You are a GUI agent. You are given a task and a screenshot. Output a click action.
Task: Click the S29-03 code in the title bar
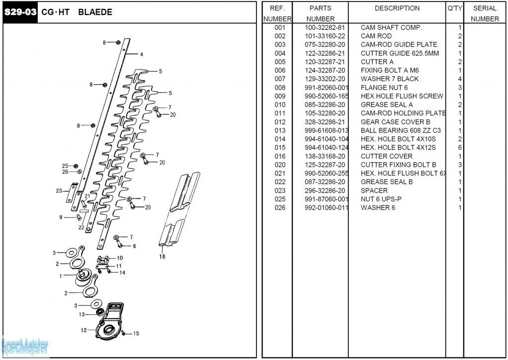coord(21,12)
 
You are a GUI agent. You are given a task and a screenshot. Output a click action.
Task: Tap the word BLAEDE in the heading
coord(95,12)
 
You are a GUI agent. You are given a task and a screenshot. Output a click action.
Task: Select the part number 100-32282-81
coord(324,27)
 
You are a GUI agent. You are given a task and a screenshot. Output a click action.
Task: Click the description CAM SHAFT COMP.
coord(391,27)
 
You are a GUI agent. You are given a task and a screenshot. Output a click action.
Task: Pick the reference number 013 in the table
coord(280,131)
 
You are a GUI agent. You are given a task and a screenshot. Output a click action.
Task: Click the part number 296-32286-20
coord(324,191)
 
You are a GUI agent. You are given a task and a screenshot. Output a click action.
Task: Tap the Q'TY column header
coord(454,8)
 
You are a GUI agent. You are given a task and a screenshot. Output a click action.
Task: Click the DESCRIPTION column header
coord(397,8)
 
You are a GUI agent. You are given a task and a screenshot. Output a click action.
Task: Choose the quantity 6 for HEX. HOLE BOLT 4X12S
coord(460,148)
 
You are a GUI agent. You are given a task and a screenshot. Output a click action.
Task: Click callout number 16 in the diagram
coord(162,257)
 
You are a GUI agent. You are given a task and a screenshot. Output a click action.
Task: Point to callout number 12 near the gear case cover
coord(84,330)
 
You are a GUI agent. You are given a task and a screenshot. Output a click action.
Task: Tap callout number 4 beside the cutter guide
coord(141,55)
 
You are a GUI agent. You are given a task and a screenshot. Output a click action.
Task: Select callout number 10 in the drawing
coord(120,258)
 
